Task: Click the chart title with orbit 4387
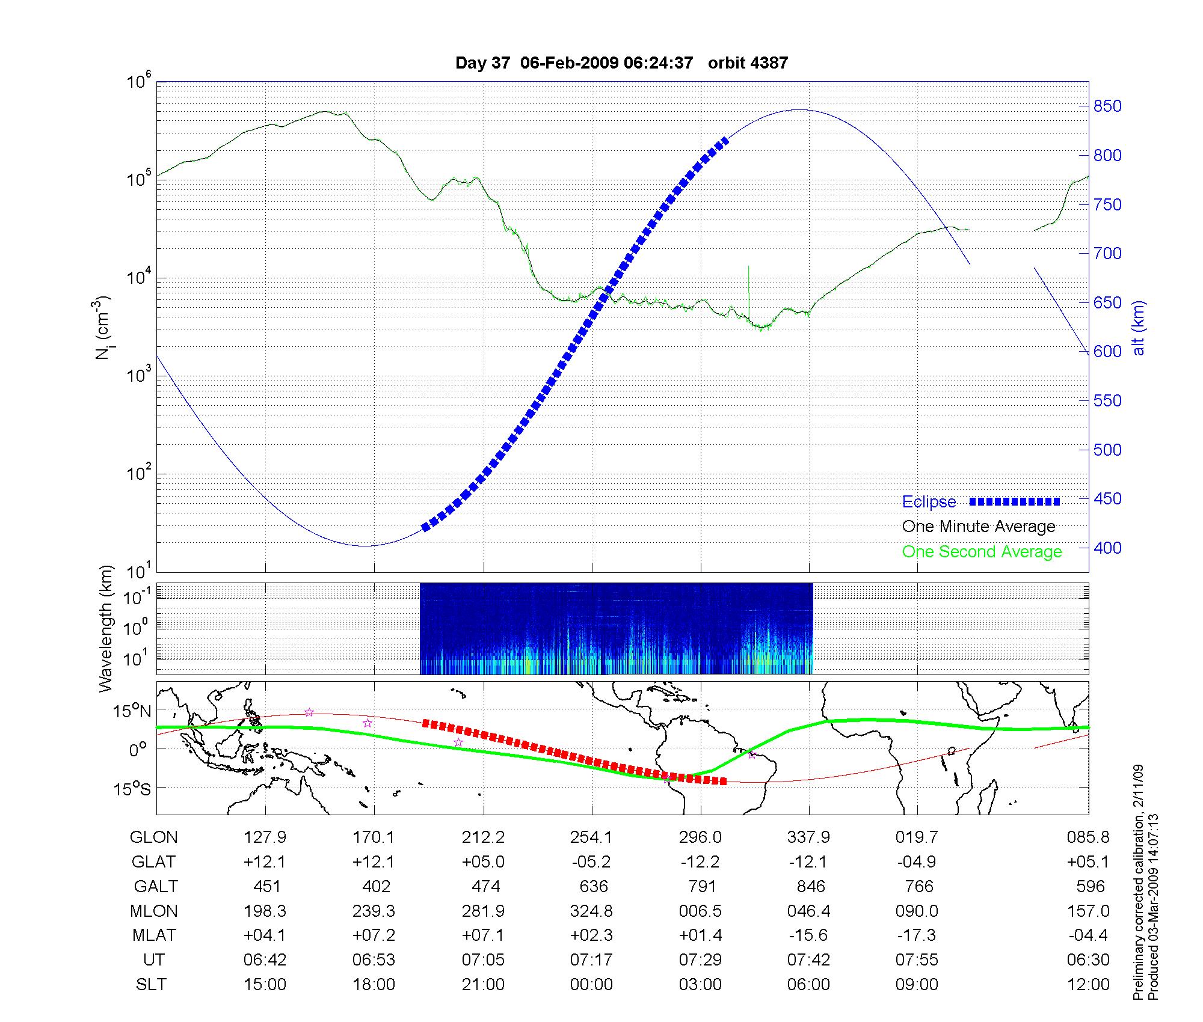tap(621, 63)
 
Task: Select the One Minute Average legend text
tap(979, 527)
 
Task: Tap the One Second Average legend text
tap(982, 552)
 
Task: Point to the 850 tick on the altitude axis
tap(1107, 106)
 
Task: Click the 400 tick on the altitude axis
tap(1107, 548)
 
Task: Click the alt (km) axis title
tap(1139, 328)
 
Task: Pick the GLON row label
tap(154, 837)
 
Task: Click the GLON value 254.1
tap(592, 837)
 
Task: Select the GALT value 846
tap(809, 887)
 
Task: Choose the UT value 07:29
tap(700, 960)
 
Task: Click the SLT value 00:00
tap(592, 985)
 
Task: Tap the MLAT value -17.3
tap(917, 935)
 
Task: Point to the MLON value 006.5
tap(700, 911)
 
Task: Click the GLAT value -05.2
tap(592, 862)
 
